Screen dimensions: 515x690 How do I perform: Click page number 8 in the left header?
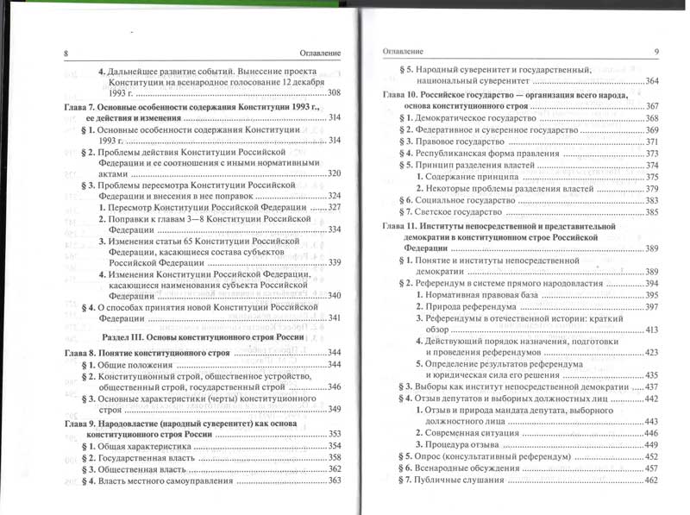66,53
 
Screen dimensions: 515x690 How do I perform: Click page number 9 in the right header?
656,53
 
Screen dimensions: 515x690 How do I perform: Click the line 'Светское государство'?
462,211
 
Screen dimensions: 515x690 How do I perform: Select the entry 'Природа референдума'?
461,307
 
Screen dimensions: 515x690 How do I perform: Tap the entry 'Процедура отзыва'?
457,444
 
